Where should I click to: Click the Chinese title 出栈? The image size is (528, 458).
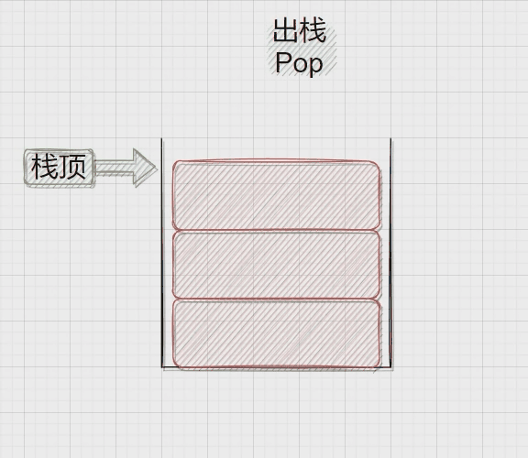pyautogui.click(x=300, y=30)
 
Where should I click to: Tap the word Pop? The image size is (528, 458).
pyautogui.click(x=299, y=63)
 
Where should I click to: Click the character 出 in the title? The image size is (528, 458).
pyautogui.click(x=286, y=30)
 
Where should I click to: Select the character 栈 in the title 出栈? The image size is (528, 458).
pyautogui.click(x=313, y=30)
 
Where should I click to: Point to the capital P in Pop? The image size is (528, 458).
pyautogui.click(x=283, y=61)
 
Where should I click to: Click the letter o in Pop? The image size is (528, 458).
pyautogui.click(x=299, y=65)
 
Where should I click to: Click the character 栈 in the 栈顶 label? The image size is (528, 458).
pyautogui.click(x=44, y=167)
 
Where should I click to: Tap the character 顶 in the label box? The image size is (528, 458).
pyautogui.click(x=72, y=167)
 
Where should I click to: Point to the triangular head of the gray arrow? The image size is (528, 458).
pyautogui.click(x=145, y=168)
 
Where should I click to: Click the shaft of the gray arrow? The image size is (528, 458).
pyautogui.click(x=115, y=168)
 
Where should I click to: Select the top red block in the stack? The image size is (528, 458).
pyautogui.click(x=277, y=195)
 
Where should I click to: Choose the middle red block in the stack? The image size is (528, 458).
pyautogui.click(x=277, y=265)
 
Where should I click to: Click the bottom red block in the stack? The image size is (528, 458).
pyautogui.click(x=277, y=333)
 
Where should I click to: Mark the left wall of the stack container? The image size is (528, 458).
pyautogui.click(x=162, y=253)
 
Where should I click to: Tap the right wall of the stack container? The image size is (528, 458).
pyautogui.click(x=390, y=253)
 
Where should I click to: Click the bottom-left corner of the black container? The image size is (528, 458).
pyautogui.click(x=162, y=366)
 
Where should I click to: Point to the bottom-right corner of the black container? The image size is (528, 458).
pyautogui.click(x=391, y=367)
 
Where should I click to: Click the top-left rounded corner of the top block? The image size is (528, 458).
pyautogui.click(x=175, y=164)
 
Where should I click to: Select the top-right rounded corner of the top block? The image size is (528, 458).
pyautogui.click(x=378, y=165)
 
